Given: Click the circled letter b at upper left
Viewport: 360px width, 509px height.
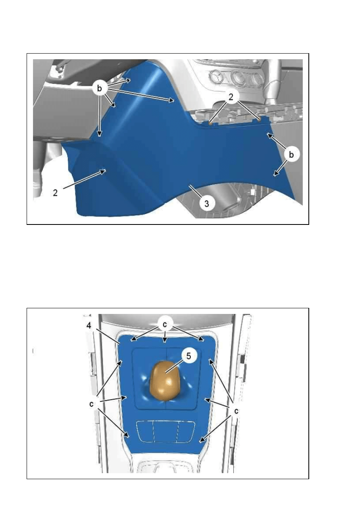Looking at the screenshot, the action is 99,88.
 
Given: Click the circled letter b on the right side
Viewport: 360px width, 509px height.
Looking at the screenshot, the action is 291,154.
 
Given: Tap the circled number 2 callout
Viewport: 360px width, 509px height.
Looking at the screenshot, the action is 231,97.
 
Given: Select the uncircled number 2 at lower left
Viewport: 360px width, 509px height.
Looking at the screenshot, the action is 55,193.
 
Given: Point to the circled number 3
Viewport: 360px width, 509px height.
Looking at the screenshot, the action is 206,204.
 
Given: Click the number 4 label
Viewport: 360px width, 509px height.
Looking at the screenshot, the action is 89,326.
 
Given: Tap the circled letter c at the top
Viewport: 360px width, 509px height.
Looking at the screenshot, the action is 164,324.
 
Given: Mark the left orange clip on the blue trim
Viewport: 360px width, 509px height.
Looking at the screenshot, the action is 210,123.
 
